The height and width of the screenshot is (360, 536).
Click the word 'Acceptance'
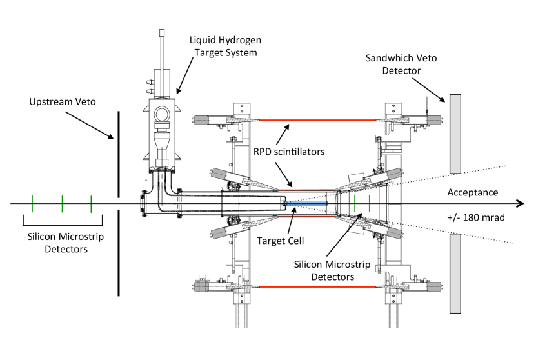473,192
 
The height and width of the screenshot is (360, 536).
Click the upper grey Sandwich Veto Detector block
455,134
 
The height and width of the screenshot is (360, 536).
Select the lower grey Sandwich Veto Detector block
455,274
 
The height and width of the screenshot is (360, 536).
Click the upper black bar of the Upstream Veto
119,154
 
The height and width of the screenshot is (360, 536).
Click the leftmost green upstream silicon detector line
32,203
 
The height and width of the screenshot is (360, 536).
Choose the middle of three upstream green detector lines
62,203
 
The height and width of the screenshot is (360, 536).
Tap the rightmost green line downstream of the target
369,203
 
